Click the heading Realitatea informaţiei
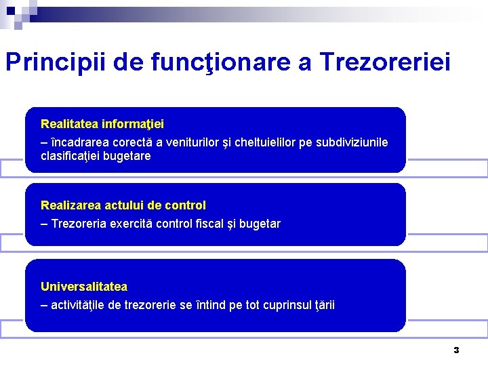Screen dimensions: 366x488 [x=102, y=124]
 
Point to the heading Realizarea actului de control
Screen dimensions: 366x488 [x=123, y=205]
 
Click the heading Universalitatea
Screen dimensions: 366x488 [x=84, y=287]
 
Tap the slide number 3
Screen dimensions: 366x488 [x=456, y=350]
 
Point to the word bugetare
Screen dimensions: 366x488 [x=127, y=156]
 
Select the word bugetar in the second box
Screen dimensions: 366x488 [x=260, y=224]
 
